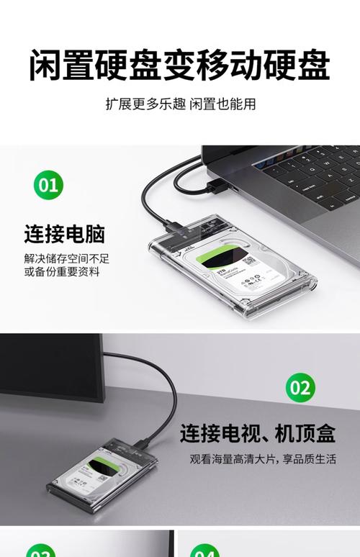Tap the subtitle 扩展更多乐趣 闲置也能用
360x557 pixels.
point(180,103)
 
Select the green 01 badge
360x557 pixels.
point(48,185)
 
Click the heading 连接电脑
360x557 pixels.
point(65,233)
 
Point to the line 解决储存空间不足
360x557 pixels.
point(66,258)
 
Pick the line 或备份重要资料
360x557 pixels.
point(62,272)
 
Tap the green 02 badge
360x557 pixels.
point(300,389)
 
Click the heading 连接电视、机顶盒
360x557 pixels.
point(257,433)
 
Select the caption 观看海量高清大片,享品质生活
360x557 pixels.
point(263,459)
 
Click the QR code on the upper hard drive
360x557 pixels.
point(249,261)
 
